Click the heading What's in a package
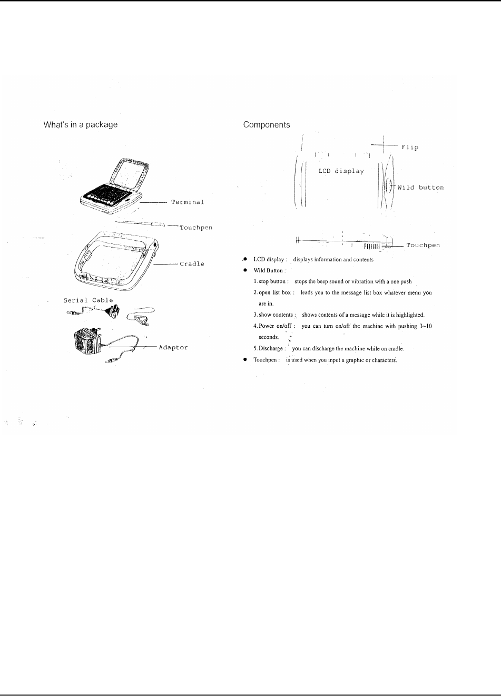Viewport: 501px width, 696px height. pyautogui.click(x=80, y=125)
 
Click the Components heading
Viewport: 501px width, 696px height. pyautogui.click(x=266, y=125)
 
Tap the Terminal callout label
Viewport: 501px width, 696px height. pyautogui.click(x=188, y=202)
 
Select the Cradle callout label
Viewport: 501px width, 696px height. pyautogui.click(x=192, y=263)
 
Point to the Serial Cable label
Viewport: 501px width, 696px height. pyautogui.click(x=88, y=300)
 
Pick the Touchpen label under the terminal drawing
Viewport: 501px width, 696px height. pyautogui.click(x=196, y=228)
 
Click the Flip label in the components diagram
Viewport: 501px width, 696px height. pyautogui.click(x=410, y=147)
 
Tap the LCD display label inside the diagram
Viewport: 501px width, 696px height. pyautogui.click(x=341, y=171)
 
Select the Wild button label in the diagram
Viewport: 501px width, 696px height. pyautogui.click(x=420, y=187)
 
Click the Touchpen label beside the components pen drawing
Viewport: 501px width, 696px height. pyautogui.click(x=423, y=245)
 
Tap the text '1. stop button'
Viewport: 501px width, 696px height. pyautogui.click(x=270, y=281)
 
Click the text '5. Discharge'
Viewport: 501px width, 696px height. pyautogui.click(x=270, y=349)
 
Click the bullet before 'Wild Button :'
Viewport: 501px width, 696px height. pyautogui.click(x=245, y=270)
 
